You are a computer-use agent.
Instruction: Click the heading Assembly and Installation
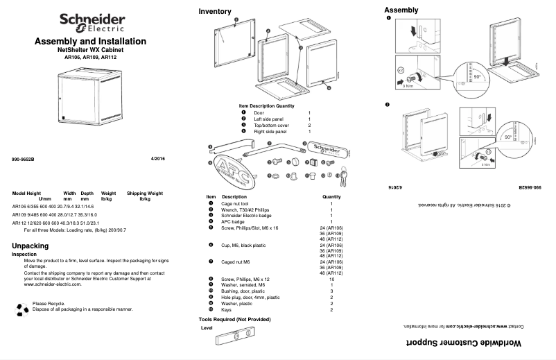tap(90, 42)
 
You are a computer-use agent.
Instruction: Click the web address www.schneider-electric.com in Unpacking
tap(54, 284)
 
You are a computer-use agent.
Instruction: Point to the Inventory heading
tap(215, 12)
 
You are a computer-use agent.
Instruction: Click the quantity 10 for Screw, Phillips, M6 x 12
tap(331, 278)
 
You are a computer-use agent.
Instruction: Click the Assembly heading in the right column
tap(401, 10)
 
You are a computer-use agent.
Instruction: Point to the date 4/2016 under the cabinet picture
tap(158, 160)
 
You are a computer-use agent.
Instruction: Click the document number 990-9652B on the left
tap(23, 160)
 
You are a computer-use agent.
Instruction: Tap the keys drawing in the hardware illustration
tap(342, 179)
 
